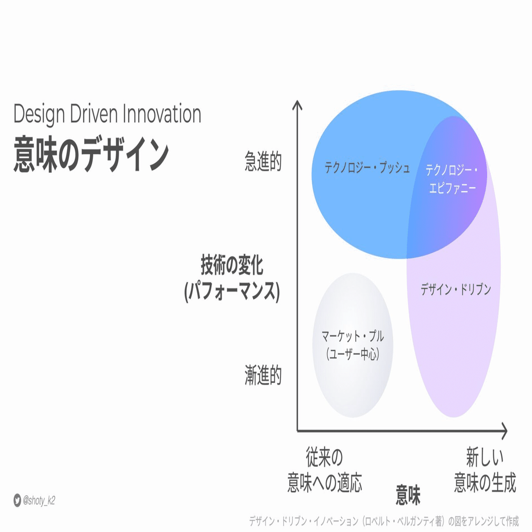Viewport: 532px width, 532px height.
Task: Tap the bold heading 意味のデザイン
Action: coord(91,155)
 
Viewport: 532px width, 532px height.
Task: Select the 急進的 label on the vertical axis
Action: coord(263,161)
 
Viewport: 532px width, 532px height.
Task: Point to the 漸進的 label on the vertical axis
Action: coord(263,375)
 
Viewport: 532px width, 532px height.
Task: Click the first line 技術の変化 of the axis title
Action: coord(232,265)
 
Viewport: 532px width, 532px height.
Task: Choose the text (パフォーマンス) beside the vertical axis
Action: coord(232,291)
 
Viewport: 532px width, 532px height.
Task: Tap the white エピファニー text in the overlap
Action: coord(453,188)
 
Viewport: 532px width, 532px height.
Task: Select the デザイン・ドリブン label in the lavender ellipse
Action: coord(456,289)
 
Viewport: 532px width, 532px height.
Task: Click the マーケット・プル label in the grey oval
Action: coord(353,336)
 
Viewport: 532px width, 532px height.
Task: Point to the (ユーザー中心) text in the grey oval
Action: coord(353,354)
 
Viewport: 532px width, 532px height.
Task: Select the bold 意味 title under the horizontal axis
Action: coord(408,495)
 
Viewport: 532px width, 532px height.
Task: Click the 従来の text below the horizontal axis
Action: coord(325,457)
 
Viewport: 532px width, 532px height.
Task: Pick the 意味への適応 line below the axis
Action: coord(325,483)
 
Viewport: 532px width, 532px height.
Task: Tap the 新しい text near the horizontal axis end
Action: coord(485,457)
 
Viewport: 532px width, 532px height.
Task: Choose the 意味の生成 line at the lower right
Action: coord(485,483)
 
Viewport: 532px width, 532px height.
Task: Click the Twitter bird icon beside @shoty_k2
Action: coord(17,500)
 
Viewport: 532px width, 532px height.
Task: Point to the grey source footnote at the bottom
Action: coord(384,521)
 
